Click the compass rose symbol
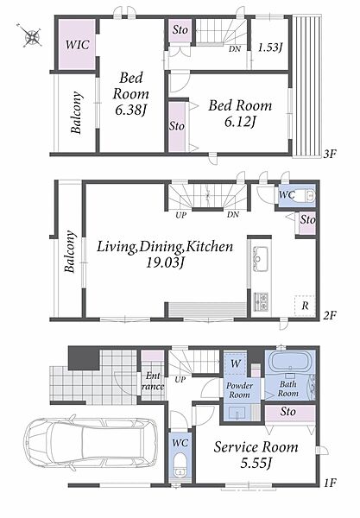coord(31,35)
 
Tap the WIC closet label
coord(78,44)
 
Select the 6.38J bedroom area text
coord(130,110)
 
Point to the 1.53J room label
coord(270,47)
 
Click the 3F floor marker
coord(329,154)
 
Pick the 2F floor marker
coord(329,316)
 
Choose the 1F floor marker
coord(329,483)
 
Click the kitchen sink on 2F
coord(260,258)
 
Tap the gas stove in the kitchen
coord(261,301)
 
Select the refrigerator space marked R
coord(305,306)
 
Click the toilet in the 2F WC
coord(305,195)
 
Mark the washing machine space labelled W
coord(236,363)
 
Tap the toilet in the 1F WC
coord(180,465)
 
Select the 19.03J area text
coord(165,263)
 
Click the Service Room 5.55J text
coord(256,455)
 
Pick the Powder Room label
coord(239,390)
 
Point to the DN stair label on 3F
coord(235,49)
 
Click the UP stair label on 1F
coord(180,380)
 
